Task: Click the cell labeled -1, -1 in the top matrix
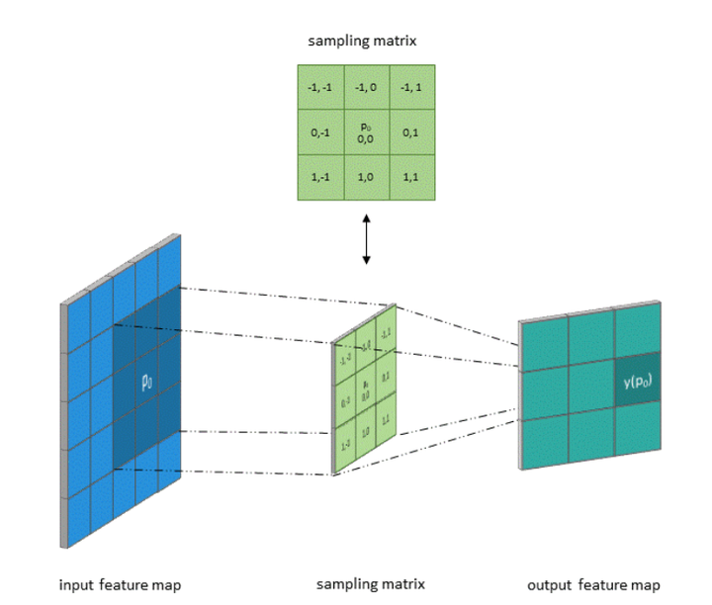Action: pyautogui.click(x=321, y=87)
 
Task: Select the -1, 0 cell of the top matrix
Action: pyautogui.click(x=366, y=87)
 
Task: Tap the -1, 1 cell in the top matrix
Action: pyautogui.click(x=411, y=87)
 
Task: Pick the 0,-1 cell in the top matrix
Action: pyautogui.click(x=321, y=131)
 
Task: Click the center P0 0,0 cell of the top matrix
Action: pyautogui.click(x=366, y=132)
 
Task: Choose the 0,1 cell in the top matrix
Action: pyautogui.click(x=411, y=131)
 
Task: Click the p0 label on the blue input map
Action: pyautogui.click(x=145, y=380)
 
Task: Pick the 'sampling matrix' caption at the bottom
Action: pyautogui.click(x=370, y=584)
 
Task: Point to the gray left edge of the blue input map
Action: pyautogui.click(x=65, y=425)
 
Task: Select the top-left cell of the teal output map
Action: pyautogui.click(x=544, y=344)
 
